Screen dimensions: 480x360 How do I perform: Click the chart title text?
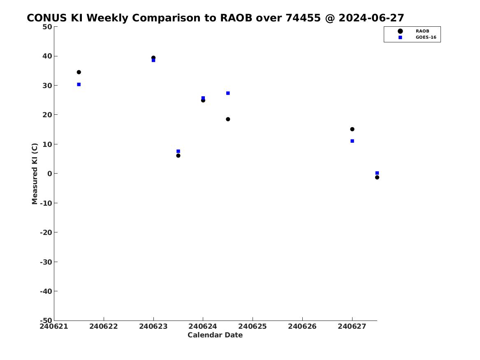(215, 18)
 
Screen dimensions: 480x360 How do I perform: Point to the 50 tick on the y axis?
(47, 27)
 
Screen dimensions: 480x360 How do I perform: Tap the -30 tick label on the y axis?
(46, 262)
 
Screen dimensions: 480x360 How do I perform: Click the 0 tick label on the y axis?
(50, 174)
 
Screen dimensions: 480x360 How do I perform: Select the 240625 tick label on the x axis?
(253, 326)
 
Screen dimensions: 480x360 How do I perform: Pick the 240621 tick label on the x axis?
(54, 326)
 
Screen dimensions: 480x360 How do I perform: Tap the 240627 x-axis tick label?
(352, 326)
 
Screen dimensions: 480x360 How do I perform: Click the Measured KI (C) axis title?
(35, 174)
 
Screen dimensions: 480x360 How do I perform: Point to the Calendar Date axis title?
(215, 335)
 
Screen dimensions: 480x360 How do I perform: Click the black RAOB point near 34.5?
(79, 72)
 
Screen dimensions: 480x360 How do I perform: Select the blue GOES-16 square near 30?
(79, 84)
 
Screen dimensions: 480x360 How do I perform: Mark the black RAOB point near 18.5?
(228, 119)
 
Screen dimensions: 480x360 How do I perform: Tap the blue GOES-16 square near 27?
(228, 93)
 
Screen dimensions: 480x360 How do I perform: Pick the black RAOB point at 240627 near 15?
(352, 129)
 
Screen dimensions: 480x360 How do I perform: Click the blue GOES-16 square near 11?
(352, 141)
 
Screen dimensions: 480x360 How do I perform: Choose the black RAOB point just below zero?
(377, 178)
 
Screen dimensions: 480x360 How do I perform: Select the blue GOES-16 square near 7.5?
(179, 151)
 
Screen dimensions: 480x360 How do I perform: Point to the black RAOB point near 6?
(179, 156)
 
